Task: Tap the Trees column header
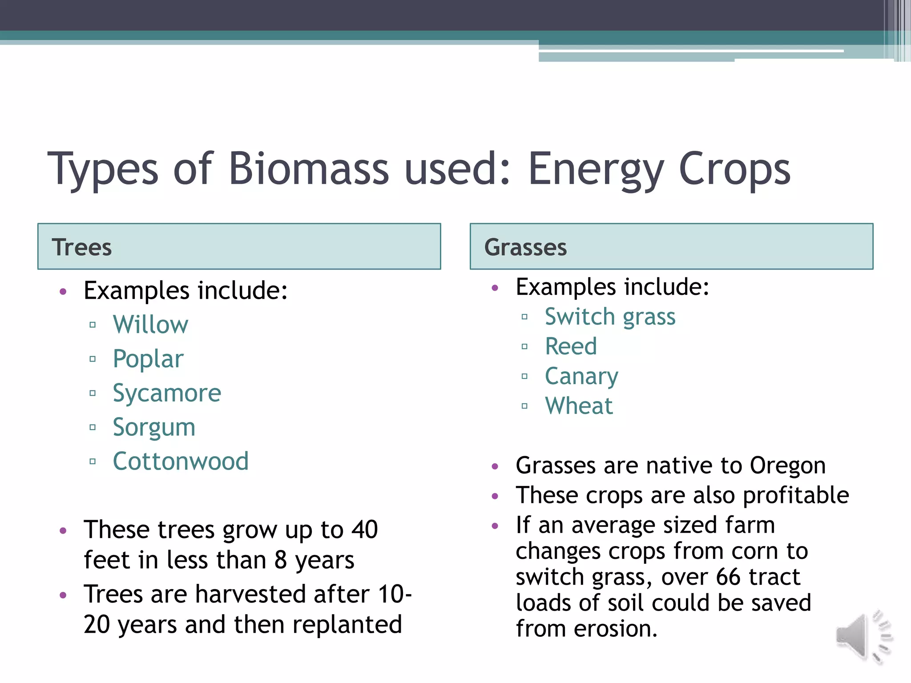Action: pyautogui.click(x=82, y=247)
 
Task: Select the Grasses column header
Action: pyautogui.click(x=525, y=247)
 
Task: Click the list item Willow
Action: pyautogui.click(x=150, y=325)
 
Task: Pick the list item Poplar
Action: pyautogui.click(x=148, y=359)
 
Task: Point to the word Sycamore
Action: pyautogui.click(x=167, y=393)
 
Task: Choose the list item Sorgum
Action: pyautogui.click(x=154, y=427)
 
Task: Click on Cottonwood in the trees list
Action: pyautogui.click(x=181, y=461)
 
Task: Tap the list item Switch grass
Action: pyautogui.click(x=610, y=317)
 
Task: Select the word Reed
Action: pyautogui.click(x=571, y=346)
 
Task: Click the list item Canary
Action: pyautogui.click(x=581, y=377)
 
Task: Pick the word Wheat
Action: pyautogui.click(x=579, y=406)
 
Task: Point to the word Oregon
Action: pyautogui.click(x=787, y=466)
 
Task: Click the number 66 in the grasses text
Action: pyautogui.click(x=729, y=577)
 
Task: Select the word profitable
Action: pyautogui.click(x=795, y=495)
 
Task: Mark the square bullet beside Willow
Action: pyautogui.click(x=93, y=325)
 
